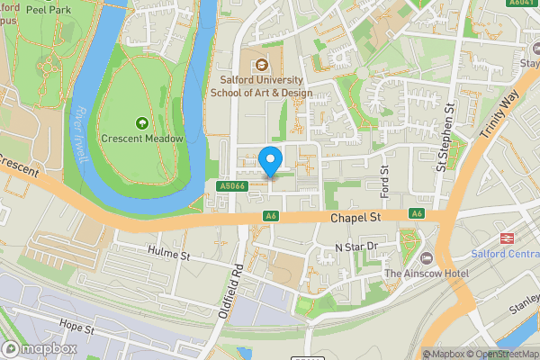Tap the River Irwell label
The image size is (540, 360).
point(81,135)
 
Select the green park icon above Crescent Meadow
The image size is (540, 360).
point(141,122)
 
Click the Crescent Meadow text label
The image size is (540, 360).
point(142,139)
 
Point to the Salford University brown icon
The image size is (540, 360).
point(261,64)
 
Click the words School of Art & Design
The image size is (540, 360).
point(261,93)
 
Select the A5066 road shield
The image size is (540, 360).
point(232,186)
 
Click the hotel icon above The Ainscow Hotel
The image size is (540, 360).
point(437,257)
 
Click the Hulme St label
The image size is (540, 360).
point(169,256)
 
